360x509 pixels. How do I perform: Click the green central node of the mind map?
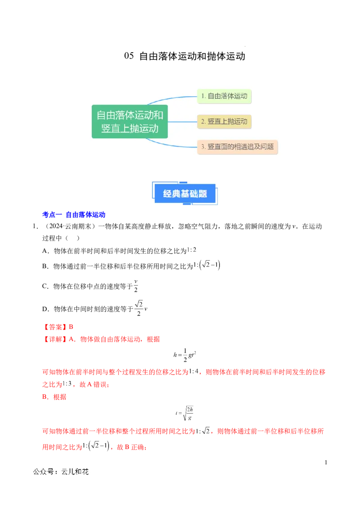pos(130,121)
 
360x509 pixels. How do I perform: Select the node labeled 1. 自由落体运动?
pos(224,96)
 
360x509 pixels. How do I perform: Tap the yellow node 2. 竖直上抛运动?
pos(224,121)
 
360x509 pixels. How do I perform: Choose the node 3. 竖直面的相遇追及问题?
pos(237,147)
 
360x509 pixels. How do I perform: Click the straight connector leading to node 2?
pos(182,121)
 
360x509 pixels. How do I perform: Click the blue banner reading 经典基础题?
pos(185,194)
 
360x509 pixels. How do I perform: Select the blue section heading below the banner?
pos(73,215)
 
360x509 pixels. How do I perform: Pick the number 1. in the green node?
pos(203,96)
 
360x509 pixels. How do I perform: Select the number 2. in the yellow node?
pos(203,121)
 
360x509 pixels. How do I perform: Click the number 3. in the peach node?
pos(203,147)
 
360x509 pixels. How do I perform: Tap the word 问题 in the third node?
pos(267,147)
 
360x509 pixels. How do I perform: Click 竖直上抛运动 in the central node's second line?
pos(130,128)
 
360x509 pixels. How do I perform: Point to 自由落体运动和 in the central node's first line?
pos(130,115)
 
